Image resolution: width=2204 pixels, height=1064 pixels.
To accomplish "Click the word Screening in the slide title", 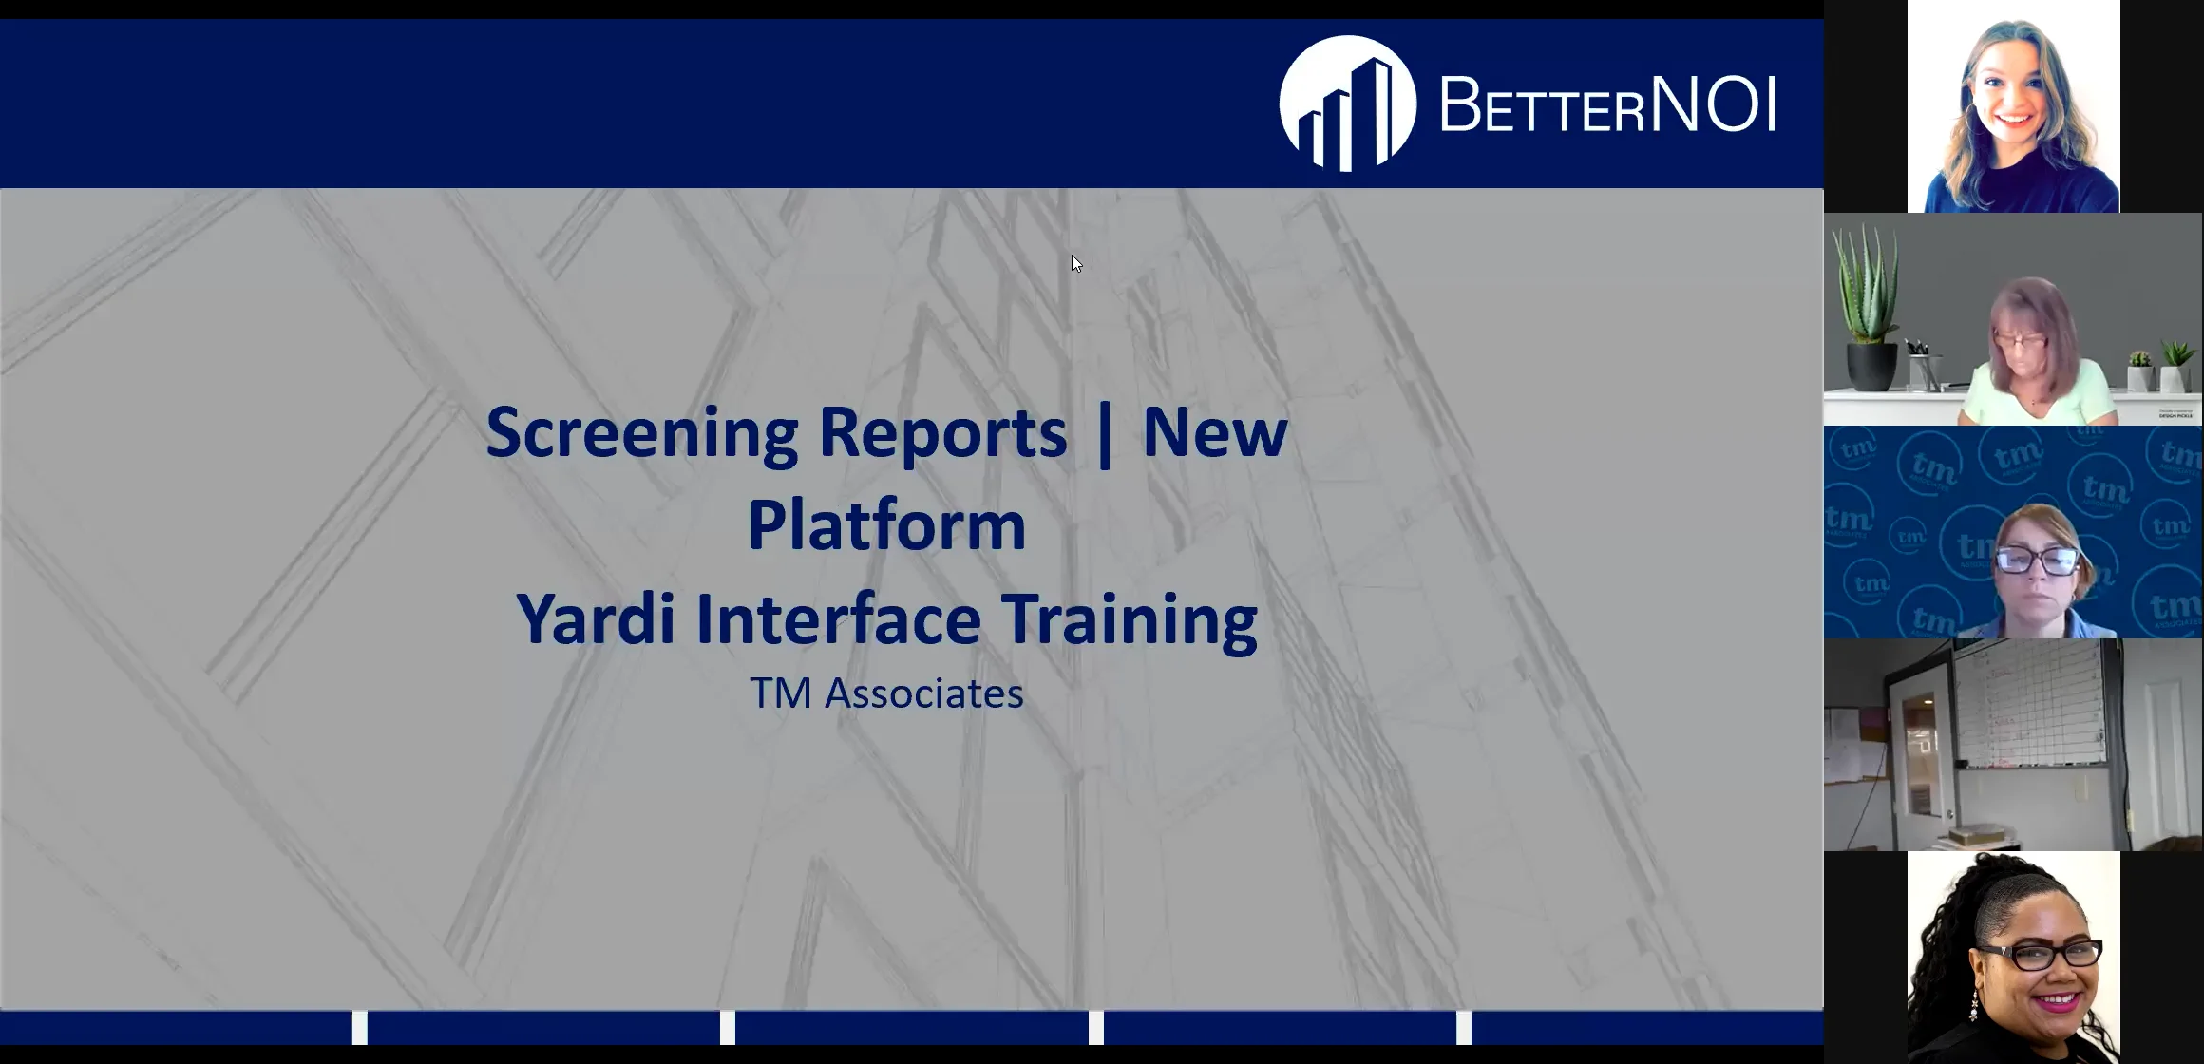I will (642, 433).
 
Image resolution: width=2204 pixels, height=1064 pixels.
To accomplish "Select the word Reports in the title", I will (942, 433).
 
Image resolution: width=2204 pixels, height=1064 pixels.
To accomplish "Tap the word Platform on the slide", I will (886, 525).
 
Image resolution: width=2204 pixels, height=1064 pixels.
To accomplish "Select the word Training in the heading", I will (1130, 619).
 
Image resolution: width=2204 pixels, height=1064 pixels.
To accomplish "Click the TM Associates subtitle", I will (886, 693).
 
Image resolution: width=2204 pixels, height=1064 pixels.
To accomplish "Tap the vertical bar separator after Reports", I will (1104, 433).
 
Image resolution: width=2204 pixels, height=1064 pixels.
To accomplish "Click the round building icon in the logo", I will (1347, 104).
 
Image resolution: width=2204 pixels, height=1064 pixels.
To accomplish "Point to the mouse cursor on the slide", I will (1075, 263).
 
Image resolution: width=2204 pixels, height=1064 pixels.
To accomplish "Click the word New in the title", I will (1214, 433).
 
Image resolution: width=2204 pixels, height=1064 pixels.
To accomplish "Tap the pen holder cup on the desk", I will (1925, 370).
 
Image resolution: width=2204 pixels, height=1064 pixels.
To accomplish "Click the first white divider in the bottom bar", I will (360, 1027).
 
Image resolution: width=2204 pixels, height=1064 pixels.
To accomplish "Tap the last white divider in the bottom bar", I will (1464, 1027).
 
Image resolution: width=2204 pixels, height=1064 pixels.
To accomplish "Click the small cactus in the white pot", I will (2140, 370).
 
